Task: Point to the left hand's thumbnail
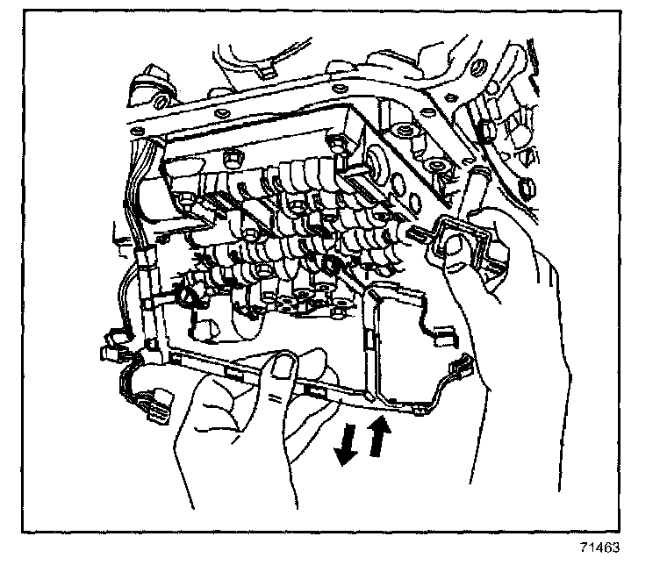283,369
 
